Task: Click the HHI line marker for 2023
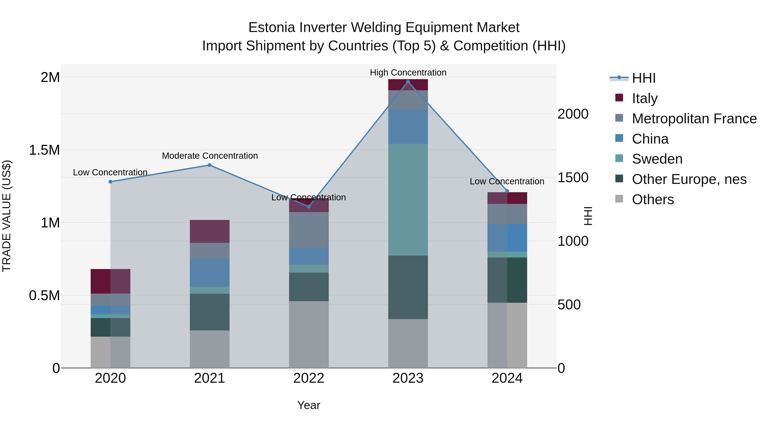tap(408, 81)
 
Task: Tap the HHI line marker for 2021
tap(209, 165)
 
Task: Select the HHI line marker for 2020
tap(110, 182)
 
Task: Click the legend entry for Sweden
tap(657, 159)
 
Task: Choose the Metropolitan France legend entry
tap(694, 119)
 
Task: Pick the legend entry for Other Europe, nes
tap(689, 179)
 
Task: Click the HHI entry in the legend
tap(643, 78)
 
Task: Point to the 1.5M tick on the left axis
tap(44, 150)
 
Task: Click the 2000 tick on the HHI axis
tap(573, 114)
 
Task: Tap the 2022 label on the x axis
tap(308, 378)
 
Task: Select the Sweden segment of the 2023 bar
tap(408, 199)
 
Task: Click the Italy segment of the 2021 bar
tap(209, 231)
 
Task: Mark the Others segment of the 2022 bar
tap(308, 334)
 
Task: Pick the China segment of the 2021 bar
tap(209, 273)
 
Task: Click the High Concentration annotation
tap(408, 73)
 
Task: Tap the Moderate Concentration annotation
tap(209, 156)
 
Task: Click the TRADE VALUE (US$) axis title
tap(7, 216)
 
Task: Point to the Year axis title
tap(308, 405)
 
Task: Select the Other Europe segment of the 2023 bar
tap(408, 287)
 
